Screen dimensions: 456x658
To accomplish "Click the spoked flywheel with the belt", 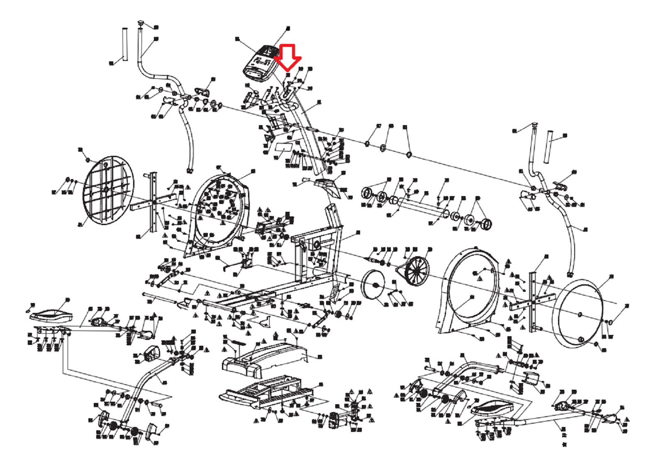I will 416,272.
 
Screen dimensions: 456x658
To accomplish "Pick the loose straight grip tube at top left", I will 125,44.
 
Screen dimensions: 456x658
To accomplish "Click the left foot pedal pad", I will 51,315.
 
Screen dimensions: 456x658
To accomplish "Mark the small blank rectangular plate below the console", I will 284,147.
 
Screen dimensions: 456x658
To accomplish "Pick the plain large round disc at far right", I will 580,313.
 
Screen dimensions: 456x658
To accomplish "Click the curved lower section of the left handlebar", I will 188,137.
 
